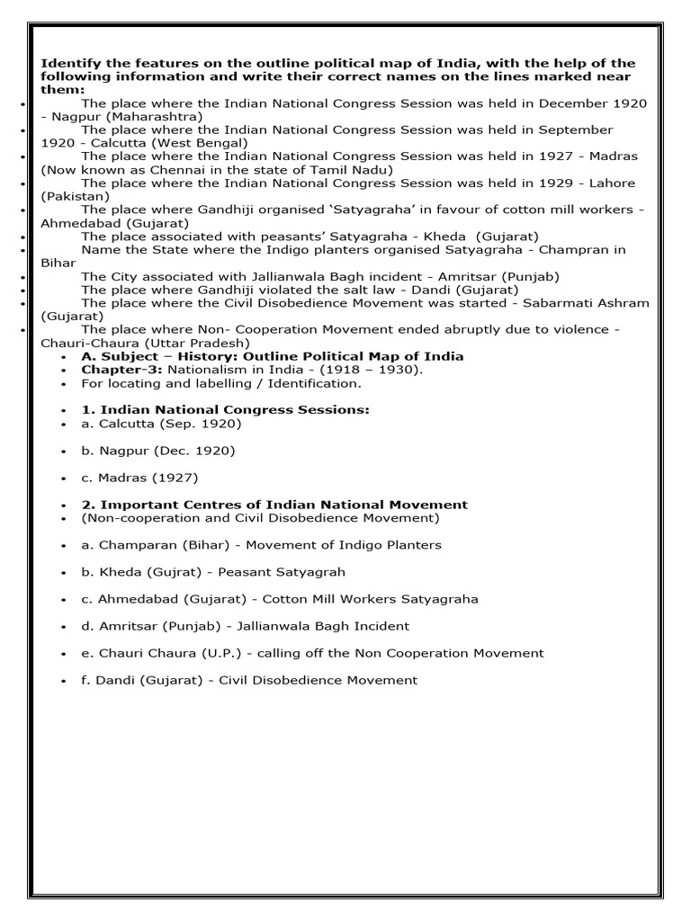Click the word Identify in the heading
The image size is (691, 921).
click(x=67, y=63)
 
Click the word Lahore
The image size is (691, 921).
click(x=611, y=183)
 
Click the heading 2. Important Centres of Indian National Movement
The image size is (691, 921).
click(x=274, y=505)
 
